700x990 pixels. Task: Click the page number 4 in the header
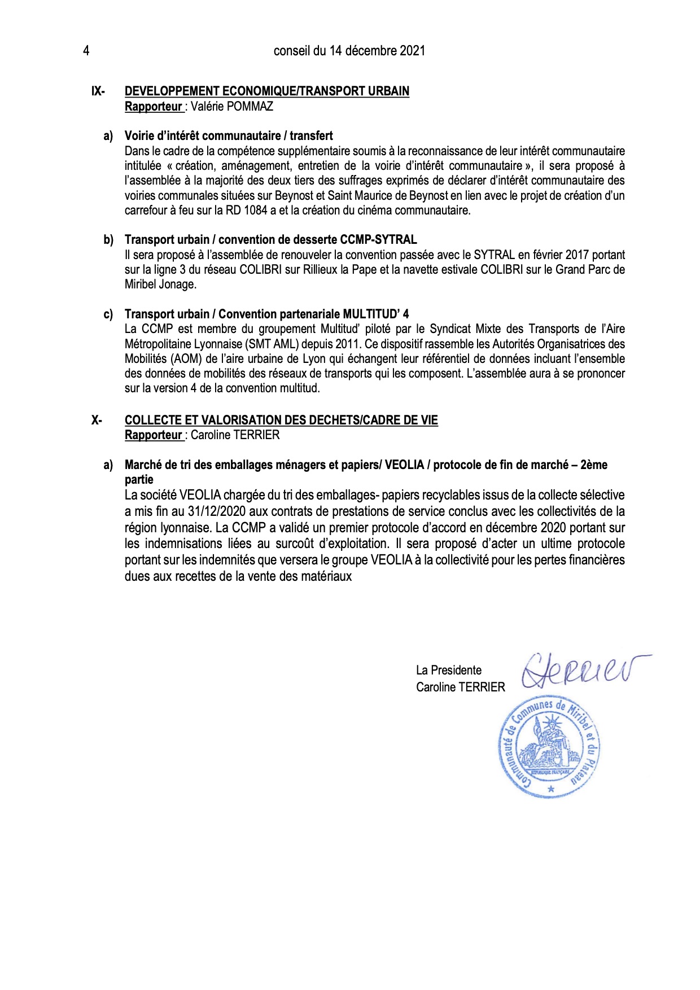[86, 51]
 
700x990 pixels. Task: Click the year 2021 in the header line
[412, 51]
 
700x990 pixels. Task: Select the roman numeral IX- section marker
[98, 91]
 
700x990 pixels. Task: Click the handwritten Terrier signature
[585, 671]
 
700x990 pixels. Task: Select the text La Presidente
[449, 670]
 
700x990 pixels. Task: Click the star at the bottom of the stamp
[551, 789]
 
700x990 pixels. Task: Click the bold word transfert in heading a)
[311, 135]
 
